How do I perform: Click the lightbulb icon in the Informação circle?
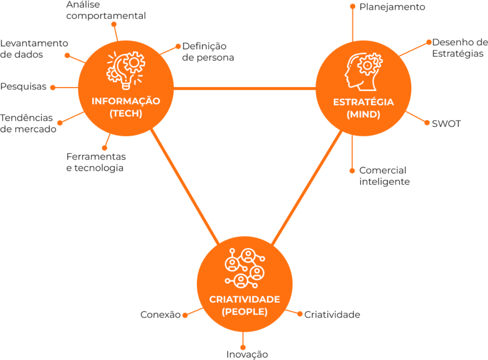[x=125, y=70]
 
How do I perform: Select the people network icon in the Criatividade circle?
[x=244, y=268]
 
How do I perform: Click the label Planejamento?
[x=392, y=7]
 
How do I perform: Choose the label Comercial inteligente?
[x=384, y=176]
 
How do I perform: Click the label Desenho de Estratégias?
[x=459, y=48]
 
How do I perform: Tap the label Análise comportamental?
[x=106, y=10]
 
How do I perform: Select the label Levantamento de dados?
[x=34, y=49]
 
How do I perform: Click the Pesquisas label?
[x=23, y=86]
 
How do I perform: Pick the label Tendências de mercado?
[x=28, y=123]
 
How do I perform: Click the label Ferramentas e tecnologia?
[x=96, y=162]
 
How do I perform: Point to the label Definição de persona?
[x=208, y=52]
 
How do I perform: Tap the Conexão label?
[x=160, y=315]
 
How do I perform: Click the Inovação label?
[x=247, y=355]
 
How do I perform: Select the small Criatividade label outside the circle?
[x=332, y=315]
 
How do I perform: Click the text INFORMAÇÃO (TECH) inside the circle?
[x=126, y=107]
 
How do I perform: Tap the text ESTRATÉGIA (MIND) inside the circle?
[x=363, y=108]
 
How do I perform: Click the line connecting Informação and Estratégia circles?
[x=244, y=88]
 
